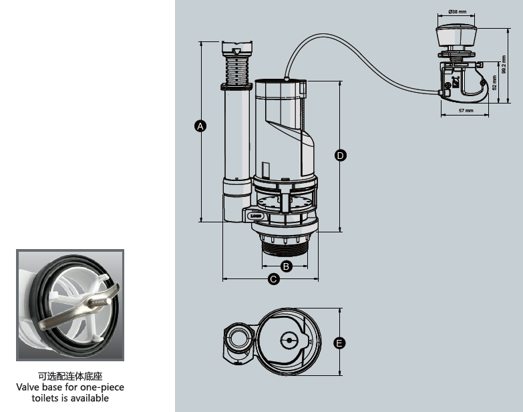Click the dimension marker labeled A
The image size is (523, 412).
click(200, 125)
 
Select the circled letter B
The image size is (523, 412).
click(286, 266)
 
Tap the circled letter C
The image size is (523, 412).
click(273, 279)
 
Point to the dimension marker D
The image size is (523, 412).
click(340, 156)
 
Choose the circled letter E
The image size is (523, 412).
click(340, 343)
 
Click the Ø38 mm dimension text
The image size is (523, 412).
click(457, 12)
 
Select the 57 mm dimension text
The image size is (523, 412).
click(466, 110)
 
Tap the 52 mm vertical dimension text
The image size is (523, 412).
click(495, 82)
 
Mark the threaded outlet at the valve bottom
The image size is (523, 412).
click(285, 250)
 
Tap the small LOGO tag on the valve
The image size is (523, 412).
click(255, 216)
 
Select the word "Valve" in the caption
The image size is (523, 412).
click(29, 387)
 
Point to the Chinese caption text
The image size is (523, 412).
click(69, 377)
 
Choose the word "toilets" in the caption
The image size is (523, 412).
click(47, 398)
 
